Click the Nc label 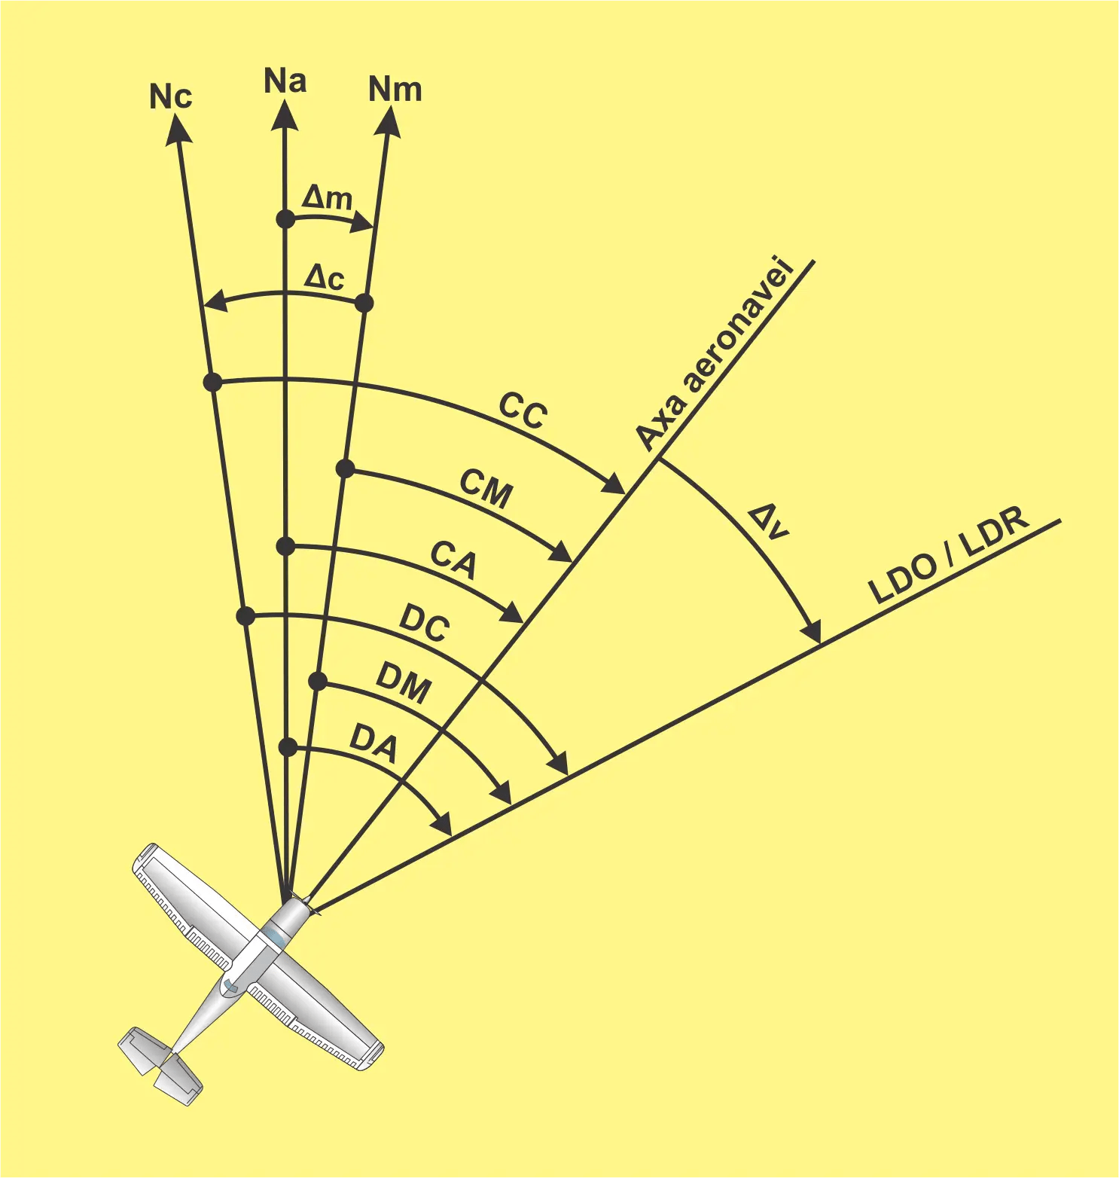171,97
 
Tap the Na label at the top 285,81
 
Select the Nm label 395,90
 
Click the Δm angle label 327,198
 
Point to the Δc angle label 324,277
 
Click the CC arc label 523,410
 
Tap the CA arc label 453,560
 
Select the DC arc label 425,623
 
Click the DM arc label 404,682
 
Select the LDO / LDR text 949,556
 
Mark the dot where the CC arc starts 213,382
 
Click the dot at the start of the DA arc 288,747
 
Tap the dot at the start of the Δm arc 285,219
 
